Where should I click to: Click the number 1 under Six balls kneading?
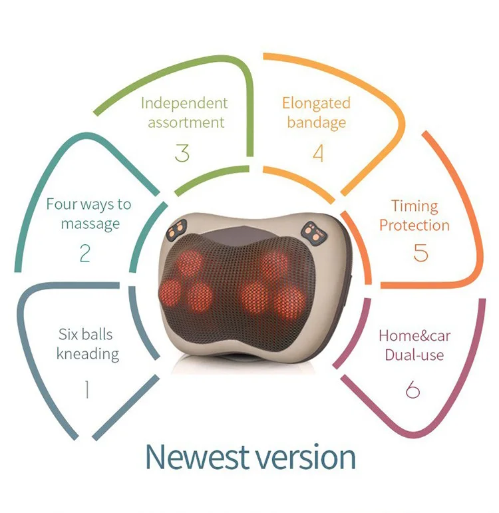point(86,389)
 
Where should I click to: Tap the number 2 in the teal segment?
point(84,253)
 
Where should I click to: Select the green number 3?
point(182,153)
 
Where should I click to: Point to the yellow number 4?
point(318,153)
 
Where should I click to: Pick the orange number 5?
point(420,254)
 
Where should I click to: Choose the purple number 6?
point(413,389)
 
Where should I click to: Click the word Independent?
point(184,103)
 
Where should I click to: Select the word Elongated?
point(316,103)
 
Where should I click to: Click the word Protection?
point(415,225)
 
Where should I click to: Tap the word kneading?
point(88,353)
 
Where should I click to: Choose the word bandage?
point(317,123)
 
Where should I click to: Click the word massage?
point(90,224)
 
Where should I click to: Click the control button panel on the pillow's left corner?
point(177,232)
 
